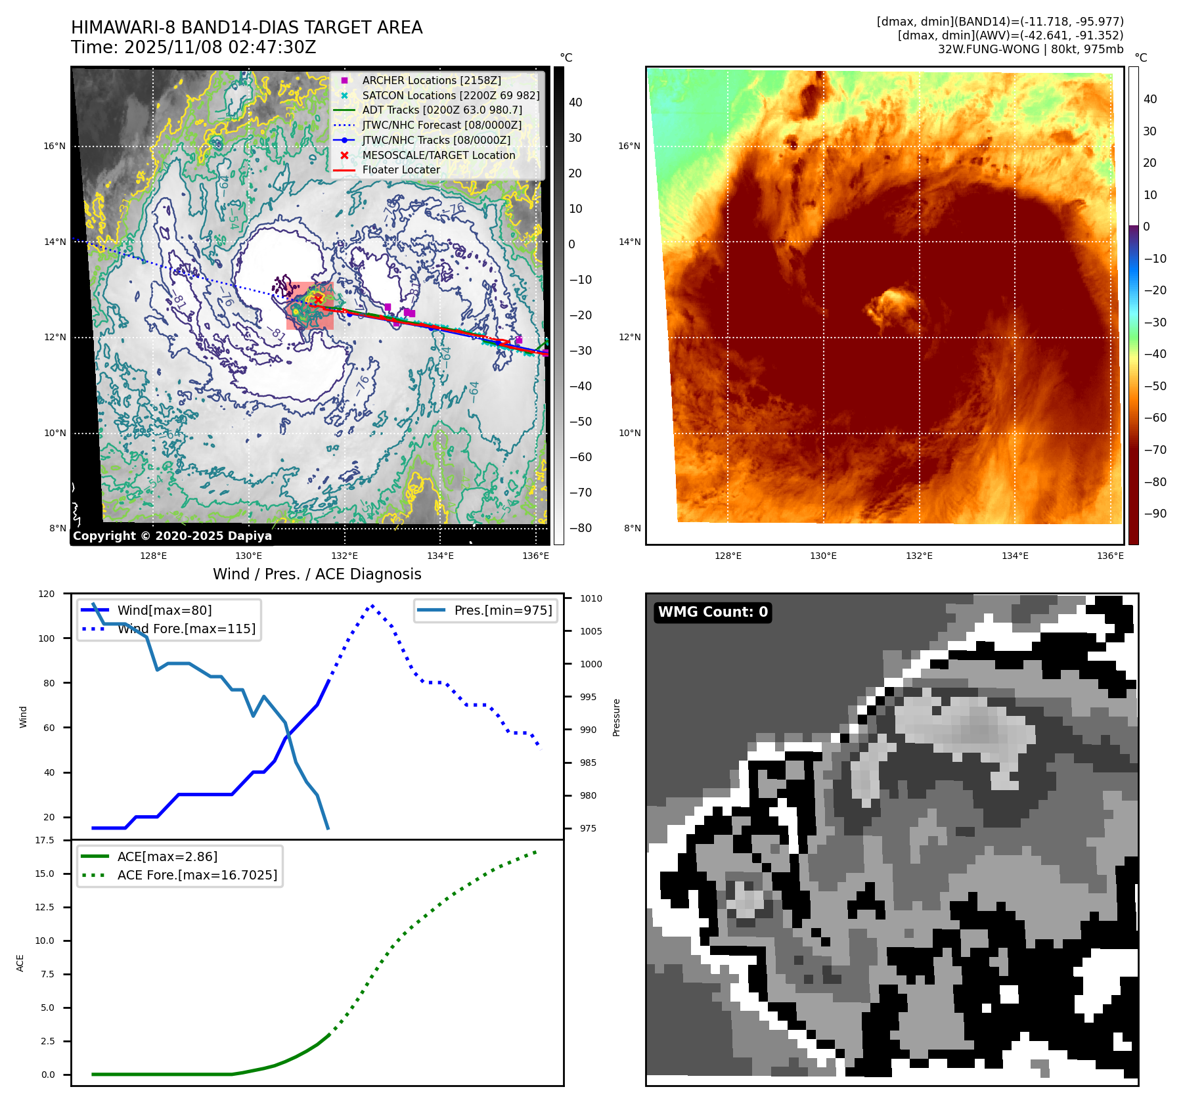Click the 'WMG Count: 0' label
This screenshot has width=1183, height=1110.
(713, 612)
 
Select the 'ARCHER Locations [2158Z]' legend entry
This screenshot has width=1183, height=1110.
(431, 80)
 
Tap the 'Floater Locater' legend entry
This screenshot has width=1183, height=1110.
(401, 169)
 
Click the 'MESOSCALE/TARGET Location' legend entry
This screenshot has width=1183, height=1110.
(438, 155)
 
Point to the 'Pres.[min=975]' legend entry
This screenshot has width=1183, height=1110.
(502, 610)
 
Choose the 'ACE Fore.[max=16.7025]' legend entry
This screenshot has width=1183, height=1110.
(197, 875)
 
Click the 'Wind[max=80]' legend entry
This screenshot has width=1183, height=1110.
(164, 610)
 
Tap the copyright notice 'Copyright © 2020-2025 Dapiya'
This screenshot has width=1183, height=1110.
(172, 536)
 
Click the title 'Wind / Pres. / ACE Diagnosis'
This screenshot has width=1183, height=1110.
(317, 574)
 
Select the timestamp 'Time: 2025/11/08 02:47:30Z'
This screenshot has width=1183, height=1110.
(194, 47)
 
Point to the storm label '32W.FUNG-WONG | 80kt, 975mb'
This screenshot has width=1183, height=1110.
(1030, 49)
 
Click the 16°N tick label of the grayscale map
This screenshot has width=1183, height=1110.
(55, 146)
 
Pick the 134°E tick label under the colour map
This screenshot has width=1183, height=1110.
(1015, 556)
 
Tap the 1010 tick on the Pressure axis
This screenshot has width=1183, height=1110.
(591, 598)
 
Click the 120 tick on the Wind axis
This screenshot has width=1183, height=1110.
(47, 594)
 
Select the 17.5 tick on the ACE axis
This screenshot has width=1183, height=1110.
(45, 840)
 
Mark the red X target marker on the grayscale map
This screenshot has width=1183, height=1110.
(319, 300)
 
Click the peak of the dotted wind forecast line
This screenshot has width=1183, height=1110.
(372, 606)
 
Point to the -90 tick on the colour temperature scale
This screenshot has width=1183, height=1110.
(1155, 514)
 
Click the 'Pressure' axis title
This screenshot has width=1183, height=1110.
(616, 717)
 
